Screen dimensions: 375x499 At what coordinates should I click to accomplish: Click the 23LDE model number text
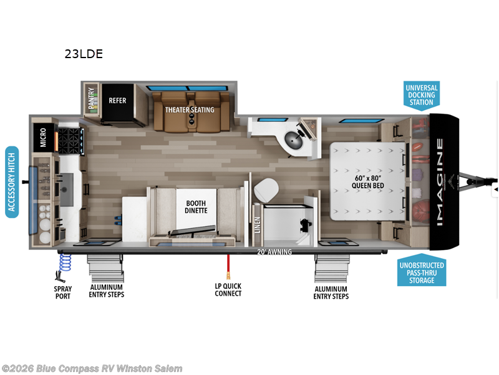click(84, 54)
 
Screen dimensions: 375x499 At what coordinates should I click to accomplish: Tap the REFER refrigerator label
click(118, 100)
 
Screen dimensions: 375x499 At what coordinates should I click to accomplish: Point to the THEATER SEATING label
click(190, 109)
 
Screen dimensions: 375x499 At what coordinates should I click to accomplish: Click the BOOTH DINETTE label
click(196, 207)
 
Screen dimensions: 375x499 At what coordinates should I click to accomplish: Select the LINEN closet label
click(257, 226)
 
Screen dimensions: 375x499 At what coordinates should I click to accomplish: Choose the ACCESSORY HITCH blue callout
click(12, 182)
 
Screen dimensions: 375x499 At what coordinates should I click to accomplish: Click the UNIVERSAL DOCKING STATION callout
click(422, 96)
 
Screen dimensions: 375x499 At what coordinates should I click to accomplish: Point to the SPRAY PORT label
click(62, 292)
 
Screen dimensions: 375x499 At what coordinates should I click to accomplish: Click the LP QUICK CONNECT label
click(228, 289)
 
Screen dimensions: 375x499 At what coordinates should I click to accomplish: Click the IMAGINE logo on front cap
click(440, 181)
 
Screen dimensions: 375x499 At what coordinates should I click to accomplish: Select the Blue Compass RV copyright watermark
click(92, 369)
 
